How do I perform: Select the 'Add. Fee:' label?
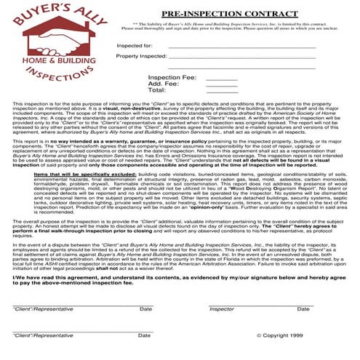(x=164, y=84)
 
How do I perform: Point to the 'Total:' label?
(x=157, y=90)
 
